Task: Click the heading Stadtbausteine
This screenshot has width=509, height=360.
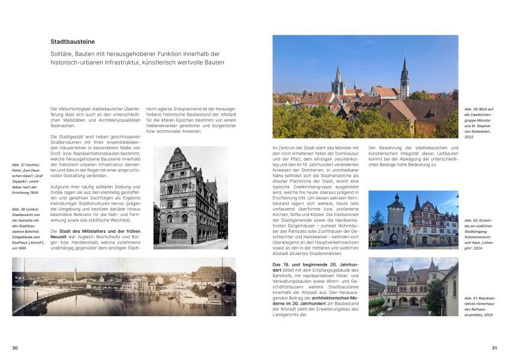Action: [x=73, y=42]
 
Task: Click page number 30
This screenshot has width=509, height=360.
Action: [x=15, y=347]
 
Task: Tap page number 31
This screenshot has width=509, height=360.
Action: [x=494, y=347]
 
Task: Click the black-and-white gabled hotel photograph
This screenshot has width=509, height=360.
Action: [x=190, y=197]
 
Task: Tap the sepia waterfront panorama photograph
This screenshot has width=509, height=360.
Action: [x=124, y=287]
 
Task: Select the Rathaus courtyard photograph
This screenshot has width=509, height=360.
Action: [x=412, y=287]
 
